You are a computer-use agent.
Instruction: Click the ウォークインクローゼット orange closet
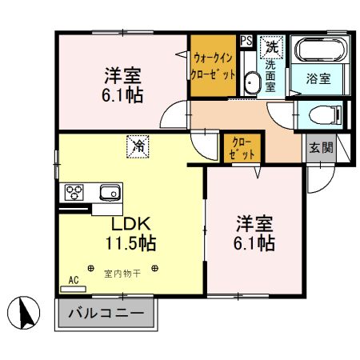pos(213,66)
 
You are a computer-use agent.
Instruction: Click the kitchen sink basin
pos(109,192)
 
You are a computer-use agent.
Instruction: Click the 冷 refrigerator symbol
pos(138,146)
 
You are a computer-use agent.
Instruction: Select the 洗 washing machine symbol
pos(272,46)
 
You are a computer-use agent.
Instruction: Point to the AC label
pos(73,281)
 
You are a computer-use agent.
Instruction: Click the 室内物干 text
pos(122,274)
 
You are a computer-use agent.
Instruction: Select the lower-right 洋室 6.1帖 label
pos(255,231)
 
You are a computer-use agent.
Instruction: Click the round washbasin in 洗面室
pos(252,83)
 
